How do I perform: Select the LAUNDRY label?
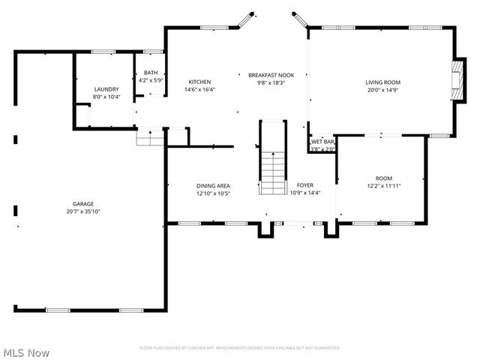(106, 88)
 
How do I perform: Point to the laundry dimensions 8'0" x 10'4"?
(106, 96)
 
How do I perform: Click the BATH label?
(151, 72)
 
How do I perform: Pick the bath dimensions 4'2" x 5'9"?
(151, 79)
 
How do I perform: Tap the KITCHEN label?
(199, 82)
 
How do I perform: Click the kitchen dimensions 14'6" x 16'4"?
(199, 89)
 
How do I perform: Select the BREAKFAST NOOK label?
(271, 75)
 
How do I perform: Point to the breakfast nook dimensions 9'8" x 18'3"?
(271, 82)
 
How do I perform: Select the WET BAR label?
(322, 141)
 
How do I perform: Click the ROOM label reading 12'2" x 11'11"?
(384, 178)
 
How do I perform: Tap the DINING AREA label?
(213, 185)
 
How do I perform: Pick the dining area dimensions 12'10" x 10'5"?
(213, 193)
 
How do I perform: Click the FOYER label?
(305, 184)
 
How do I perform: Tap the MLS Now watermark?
(26, 352)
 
